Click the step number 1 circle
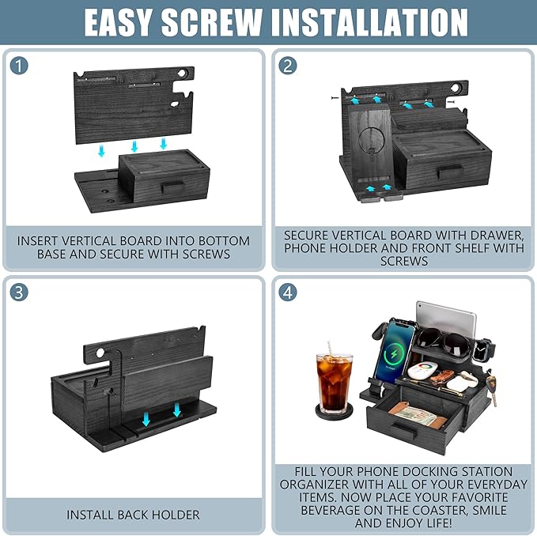[x=19, y=66]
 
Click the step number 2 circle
[x=288, y=66]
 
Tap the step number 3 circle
[x=19, y=293]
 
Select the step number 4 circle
[x=288, y=293]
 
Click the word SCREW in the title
[x=212, y=22]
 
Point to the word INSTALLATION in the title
[x=369, y=22]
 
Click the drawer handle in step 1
[x=173, y=187]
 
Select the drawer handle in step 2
[x=450, y=171]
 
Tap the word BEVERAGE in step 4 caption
[x=330, y=510]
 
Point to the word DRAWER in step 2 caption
[x=497, y=235]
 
